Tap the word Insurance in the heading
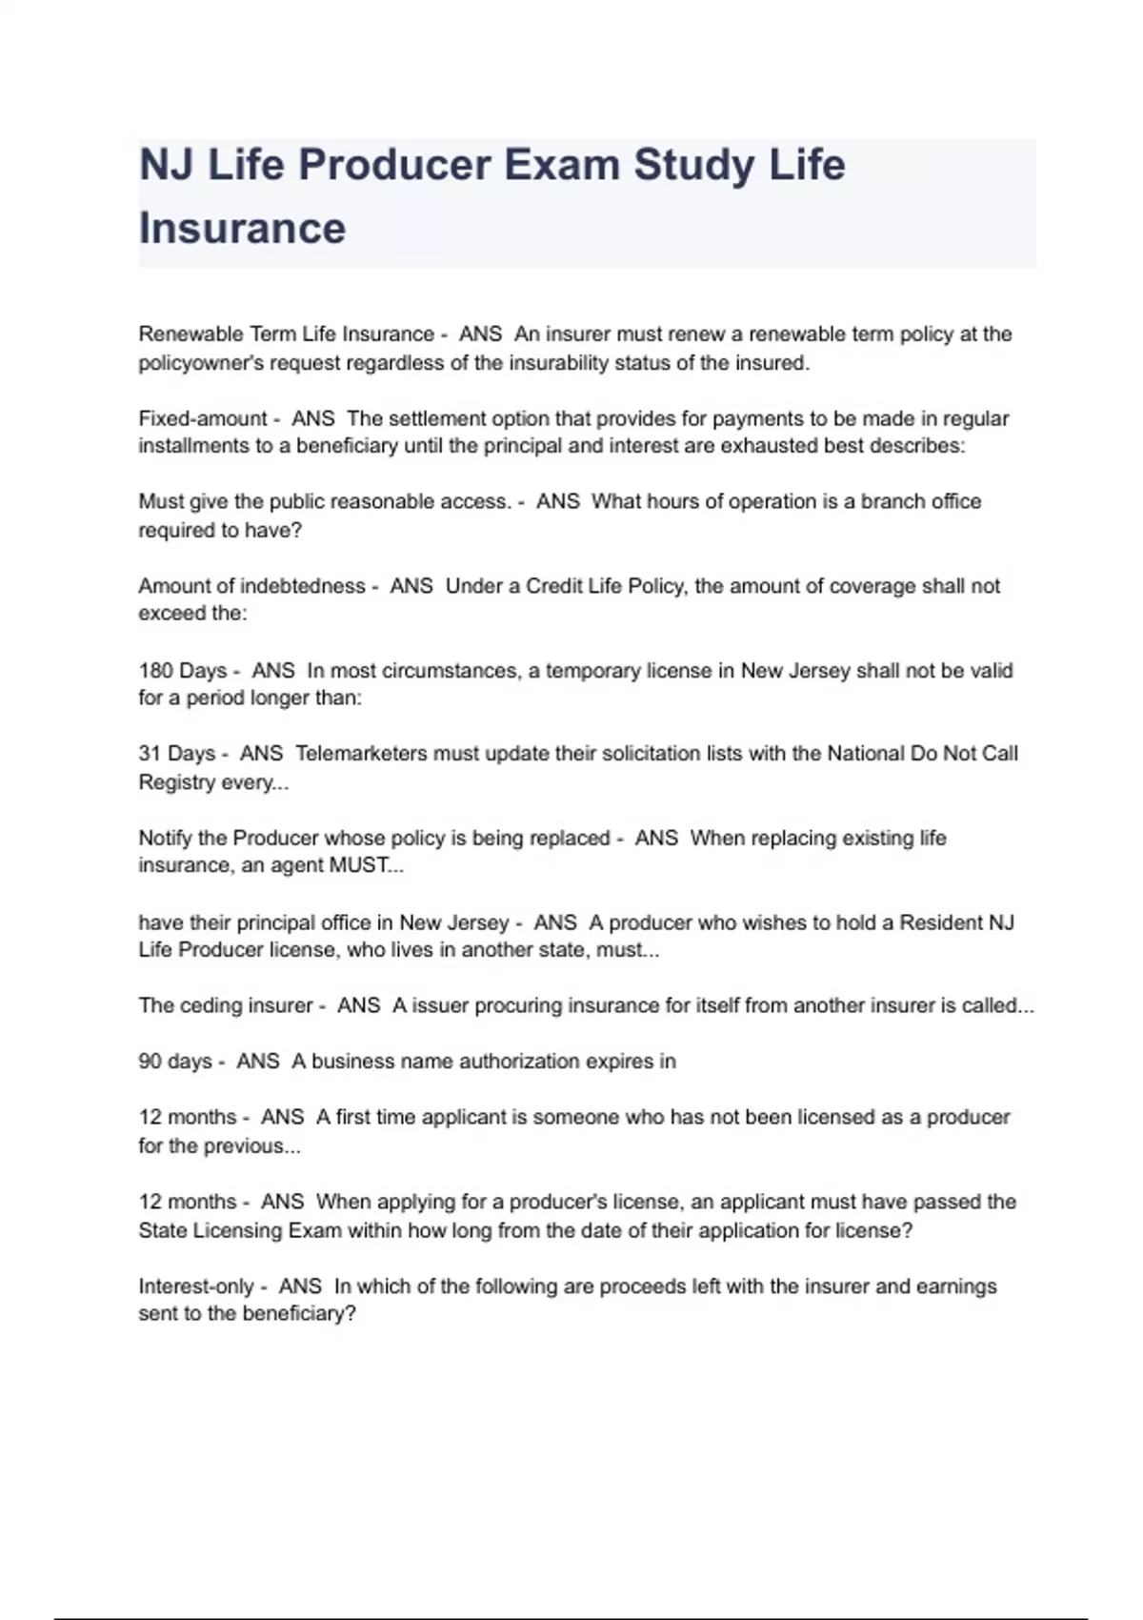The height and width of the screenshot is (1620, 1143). [242, 229]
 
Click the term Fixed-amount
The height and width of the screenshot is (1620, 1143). [203, 418]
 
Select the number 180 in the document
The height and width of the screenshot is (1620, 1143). [156, 671]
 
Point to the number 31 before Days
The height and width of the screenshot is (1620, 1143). [150, 754]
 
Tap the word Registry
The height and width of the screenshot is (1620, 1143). [176, 782]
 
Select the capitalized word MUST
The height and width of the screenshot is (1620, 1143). [358, 866]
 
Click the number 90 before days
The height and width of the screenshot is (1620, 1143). [150, 1062]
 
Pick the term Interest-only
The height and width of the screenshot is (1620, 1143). [195, 1286]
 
